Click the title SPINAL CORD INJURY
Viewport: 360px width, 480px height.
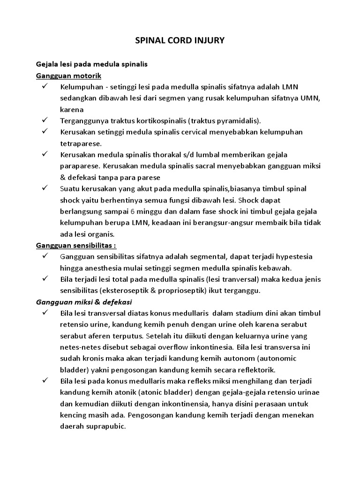(180, 41)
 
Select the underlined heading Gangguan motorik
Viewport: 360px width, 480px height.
(69, 75)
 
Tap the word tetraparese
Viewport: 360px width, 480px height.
(81, 143)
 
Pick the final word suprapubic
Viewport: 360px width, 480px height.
(104, 426)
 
